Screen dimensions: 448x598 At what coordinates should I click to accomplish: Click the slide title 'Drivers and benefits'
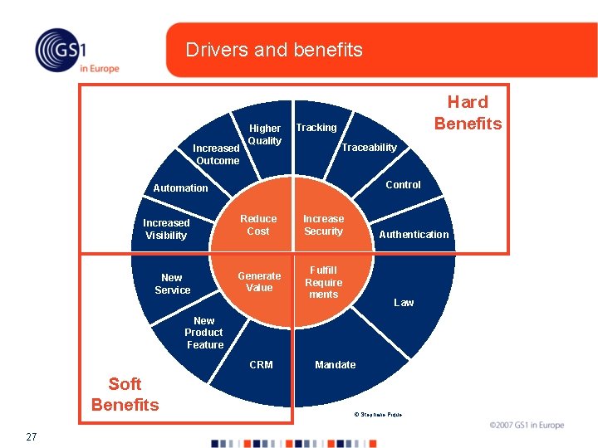click(x=274, y=50)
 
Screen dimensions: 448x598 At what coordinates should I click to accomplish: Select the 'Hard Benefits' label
click(x=468, y=113)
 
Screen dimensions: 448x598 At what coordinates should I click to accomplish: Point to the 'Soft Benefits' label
click(x=125, y=394)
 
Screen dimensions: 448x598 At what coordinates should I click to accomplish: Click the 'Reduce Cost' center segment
click(x=258, y=225)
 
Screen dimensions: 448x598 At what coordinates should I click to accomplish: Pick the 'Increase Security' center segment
click(x=323, y=225)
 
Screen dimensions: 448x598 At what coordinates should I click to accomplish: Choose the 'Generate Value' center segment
click(x=259, y=282)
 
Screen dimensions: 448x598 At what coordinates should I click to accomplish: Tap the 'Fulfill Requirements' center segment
click(x=323, y=282)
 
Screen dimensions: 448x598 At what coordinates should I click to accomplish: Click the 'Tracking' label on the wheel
click(x=316, y=128)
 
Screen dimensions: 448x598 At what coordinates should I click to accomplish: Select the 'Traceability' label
click(x=370, y=148)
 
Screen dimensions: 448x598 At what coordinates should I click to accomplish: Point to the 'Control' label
click(x=403, y=185)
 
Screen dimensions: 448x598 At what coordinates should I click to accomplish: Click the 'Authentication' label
click(x=414, y=235)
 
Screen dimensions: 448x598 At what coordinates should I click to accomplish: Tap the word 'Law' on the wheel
click(x=404, y=303)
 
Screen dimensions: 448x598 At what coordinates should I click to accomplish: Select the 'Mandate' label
click(x=336, y=365)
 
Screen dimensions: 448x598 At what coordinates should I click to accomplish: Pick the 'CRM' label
click(x=261, y=365)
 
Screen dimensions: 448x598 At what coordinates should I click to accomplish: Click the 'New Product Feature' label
click(x=204, y=333)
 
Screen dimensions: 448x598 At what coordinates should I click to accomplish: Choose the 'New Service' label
click(x=172, y=284)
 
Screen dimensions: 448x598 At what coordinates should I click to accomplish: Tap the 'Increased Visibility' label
click(x=166, y=229)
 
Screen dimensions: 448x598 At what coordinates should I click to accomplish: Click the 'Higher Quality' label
click(x=265, y=134)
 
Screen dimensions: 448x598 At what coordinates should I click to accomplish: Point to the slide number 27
click(x=31, y=436)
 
